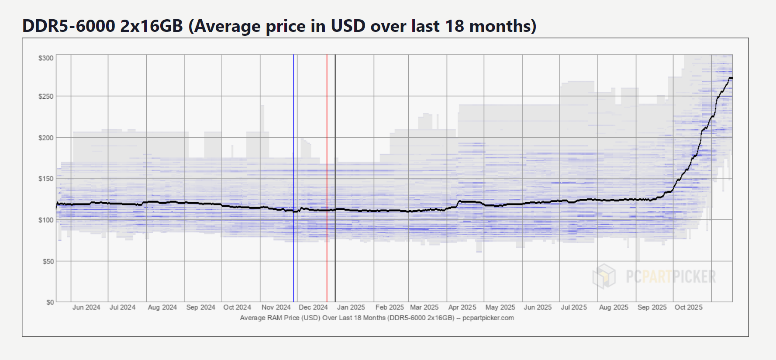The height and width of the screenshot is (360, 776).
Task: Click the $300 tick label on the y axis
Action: [x=46, y=58]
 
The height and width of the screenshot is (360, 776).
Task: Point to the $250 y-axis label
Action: [x=46, y=97]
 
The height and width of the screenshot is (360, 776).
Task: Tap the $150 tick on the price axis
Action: [x=46, y=179]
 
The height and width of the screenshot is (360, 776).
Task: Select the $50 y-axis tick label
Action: [x=48, y=261]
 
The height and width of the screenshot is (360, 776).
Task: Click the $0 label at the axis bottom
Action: [x=50, y=302]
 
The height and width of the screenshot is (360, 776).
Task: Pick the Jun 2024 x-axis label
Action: [x=86, y=308]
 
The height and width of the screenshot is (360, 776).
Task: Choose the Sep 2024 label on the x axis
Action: [x=200, y=308]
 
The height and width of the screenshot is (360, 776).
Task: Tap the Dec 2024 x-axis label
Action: [x=313, y=308]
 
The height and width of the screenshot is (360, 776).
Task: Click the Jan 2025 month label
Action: [x=351, y=308]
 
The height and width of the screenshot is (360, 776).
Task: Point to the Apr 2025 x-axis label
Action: [x=462, y=308]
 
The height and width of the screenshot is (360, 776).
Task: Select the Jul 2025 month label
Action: [x=574, y=308]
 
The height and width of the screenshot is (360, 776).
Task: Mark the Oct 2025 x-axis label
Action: [x=688, y=308]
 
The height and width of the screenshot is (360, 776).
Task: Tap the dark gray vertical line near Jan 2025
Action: [x=335, y=131]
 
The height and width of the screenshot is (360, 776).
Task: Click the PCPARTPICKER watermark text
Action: [x=671, y=277]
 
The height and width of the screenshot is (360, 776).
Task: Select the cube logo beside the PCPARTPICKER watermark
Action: [x=604, y=276]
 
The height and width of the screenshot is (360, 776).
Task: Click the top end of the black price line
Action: [x=731, y=78]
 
